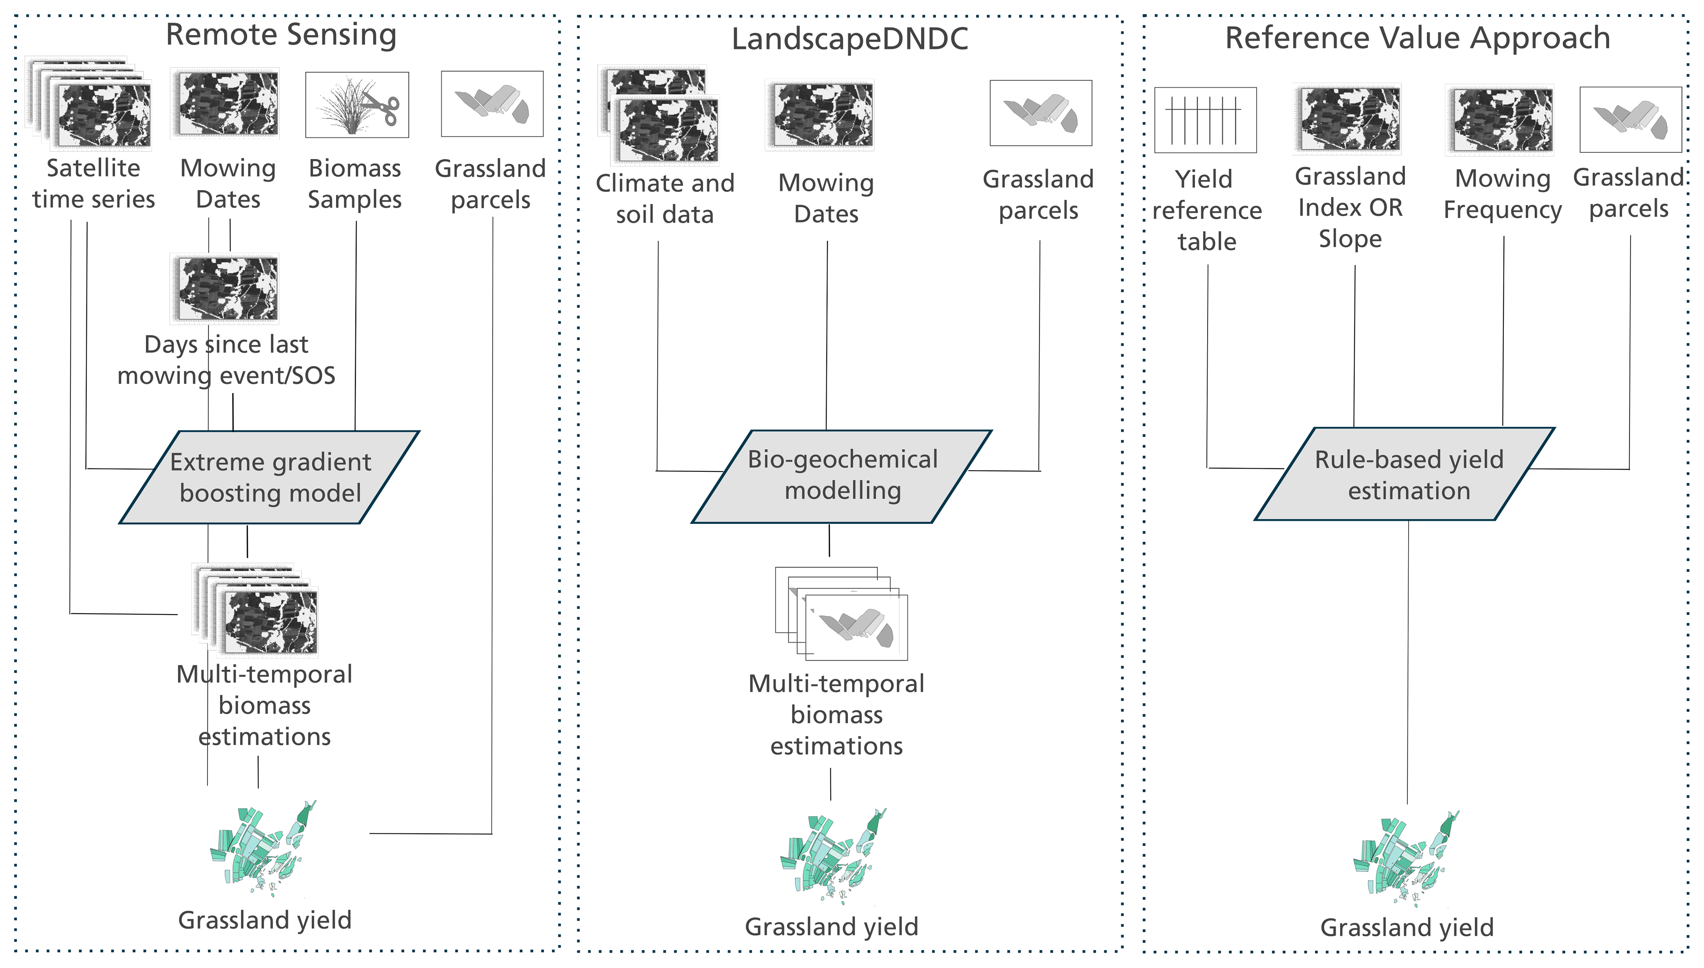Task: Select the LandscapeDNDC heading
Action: click(x=850, y=39)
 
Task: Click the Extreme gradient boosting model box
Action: click(x=269, y=478)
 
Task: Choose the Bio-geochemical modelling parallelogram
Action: click(x=842, y=476)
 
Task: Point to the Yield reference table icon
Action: click(x=1206, y=120)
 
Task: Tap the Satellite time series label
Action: click(x=94, y=184)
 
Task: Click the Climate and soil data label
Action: click(x=665, y=198)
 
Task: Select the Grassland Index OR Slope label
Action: click(x=1351, y=208)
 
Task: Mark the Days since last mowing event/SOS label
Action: click(x=226, y=360)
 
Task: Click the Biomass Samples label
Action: click(x=355, y=184)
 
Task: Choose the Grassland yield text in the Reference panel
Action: click(x=1407, y=927)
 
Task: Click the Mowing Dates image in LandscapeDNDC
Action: click(x=819, y=115)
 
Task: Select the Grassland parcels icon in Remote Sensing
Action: click(x=492, y=104)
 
